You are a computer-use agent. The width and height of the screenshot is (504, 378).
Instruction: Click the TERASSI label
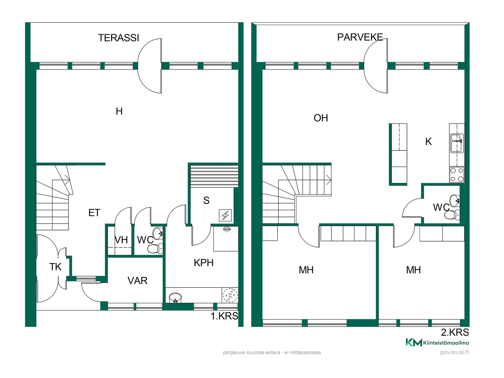click(x=119, y=38)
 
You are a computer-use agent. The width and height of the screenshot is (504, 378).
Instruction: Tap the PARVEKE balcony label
click(x=360, y=37)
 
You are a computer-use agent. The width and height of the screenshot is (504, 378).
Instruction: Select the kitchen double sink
click(x=457, y=143)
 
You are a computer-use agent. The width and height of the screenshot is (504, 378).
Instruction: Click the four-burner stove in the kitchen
click(x=457, y=175)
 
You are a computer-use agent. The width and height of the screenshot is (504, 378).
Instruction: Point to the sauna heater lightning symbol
click(x=225, y=215)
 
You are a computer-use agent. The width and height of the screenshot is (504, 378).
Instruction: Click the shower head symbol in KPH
click(x=227, y=230)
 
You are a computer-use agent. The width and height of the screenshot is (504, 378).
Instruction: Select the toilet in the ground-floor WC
click(x=155, y=249)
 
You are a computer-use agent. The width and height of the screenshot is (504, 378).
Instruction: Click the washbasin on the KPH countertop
click(x=175, y=298)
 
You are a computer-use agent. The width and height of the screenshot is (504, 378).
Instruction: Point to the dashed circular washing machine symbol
click(x=230, y=295)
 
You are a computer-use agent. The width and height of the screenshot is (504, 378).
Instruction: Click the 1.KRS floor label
click(x=224, y=316)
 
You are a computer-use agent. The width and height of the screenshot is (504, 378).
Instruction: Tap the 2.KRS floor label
click(x=455, y=332)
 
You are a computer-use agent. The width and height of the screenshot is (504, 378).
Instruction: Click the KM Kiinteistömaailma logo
click(x=437, y=343)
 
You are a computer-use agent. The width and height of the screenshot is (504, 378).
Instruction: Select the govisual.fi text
click(x=454, y=352)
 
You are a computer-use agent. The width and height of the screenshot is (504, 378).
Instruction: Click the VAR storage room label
click(x=138, y=281)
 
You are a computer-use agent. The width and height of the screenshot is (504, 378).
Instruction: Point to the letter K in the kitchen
click(x=428, y=141)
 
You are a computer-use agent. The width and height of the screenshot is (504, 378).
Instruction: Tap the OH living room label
click(x=321, y=118)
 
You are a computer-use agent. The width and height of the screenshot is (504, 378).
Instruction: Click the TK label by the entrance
click(x=55, y=267)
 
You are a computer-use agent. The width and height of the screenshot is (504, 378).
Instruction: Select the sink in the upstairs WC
click(x=455, y=201)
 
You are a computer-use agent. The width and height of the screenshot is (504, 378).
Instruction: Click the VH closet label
click(x=121, y=240)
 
